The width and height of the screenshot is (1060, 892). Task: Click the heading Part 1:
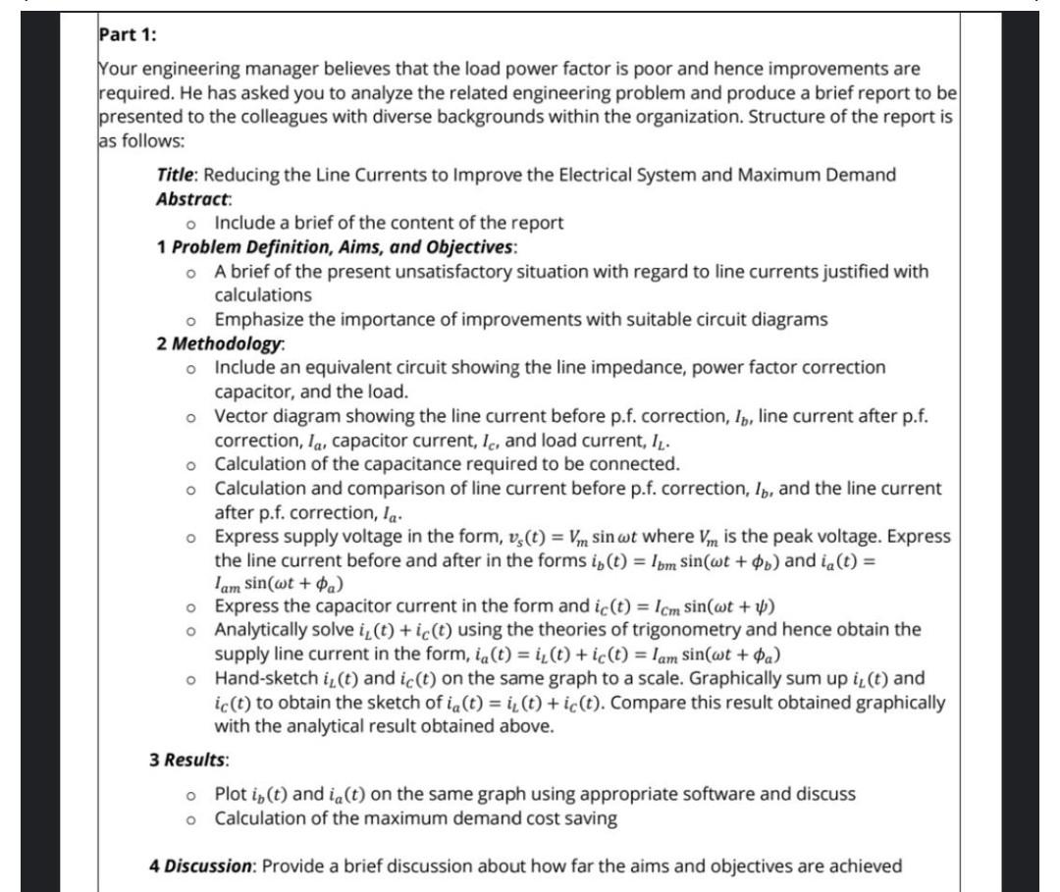pyautogui.click(x=128, y=34)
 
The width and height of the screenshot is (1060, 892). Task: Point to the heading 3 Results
pyautogui.click(x=189, y=761)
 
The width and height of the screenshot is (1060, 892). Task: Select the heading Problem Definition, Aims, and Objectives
pyautogui.click(x=345, y=246)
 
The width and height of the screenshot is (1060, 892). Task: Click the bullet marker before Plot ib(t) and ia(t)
pyautogui.click(x=192, y=794)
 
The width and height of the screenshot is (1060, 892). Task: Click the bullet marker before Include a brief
pyautogui.click(x=192, y=224)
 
